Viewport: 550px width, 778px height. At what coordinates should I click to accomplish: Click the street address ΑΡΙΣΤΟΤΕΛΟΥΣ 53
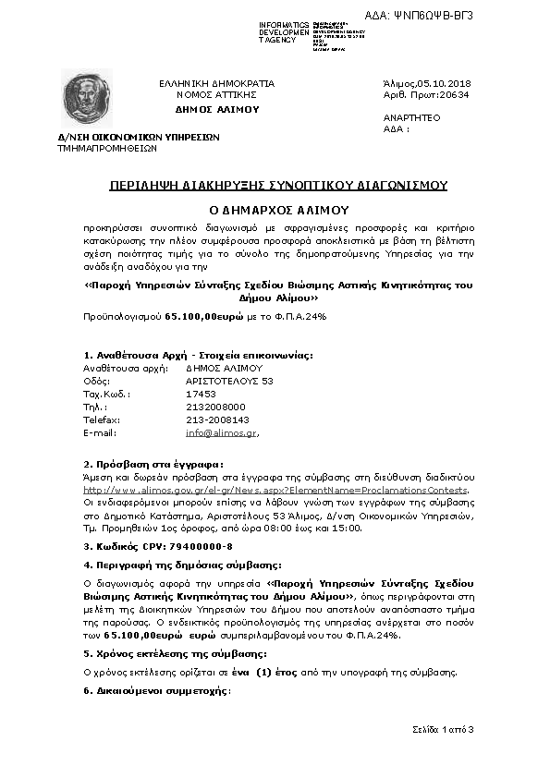tap(229, 380)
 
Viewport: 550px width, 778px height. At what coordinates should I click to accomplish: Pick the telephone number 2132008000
tap(215, 406)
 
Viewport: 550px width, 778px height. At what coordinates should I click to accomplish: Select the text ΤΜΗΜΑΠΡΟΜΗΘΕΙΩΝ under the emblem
tap(107, 147)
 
